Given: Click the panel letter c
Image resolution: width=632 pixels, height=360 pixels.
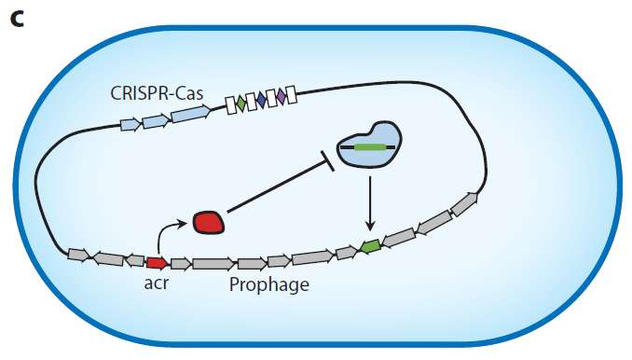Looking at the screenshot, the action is click(18, 21).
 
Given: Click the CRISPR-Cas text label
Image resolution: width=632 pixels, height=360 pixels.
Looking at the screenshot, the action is click(157, 93).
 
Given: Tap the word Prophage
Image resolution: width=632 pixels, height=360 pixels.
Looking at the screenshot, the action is click(269, 284).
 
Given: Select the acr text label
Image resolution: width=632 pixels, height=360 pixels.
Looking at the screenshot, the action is click(157, 284).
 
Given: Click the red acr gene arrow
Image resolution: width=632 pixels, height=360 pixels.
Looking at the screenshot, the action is click(158, 263).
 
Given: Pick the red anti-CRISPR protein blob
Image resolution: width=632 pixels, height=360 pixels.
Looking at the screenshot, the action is click(209, 222).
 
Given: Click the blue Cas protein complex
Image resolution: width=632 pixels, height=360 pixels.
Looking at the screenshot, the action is click(369, 145).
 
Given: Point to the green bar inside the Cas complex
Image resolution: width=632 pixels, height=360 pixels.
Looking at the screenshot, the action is click(369, 147).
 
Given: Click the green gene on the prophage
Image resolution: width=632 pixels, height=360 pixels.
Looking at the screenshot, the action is click(370, 246).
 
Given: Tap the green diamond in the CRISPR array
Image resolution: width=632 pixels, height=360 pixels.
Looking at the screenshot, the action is click(240, 104).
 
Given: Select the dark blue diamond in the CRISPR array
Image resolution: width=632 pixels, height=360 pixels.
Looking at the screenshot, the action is click(261, 100).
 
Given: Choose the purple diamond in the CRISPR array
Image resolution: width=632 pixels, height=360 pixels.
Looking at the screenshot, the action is click(281, 97).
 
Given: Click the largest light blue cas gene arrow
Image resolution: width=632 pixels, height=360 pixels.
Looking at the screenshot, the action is click(191, 114).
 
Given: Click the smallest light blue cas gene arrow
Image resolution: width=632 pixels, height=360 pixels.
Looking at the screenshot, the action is click(131, 125).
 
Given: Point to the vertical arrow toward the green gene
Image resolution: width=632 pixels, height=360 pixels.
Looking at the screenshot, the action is click(370, 203).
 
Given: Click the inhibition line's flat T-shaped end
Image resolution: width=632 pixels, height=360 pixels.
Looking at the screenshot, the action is click(327, 161).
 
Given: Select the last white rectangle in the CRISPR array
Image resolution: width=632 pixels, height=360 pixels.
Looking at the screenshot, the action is click(291, 95).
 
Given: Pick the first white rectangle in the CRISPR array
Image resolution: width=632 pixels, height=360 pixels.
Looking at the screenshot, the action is click(231, 105).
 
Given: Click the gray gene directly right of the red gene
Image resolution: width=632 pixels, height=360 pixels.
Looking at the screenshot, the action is click(181, 264).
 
